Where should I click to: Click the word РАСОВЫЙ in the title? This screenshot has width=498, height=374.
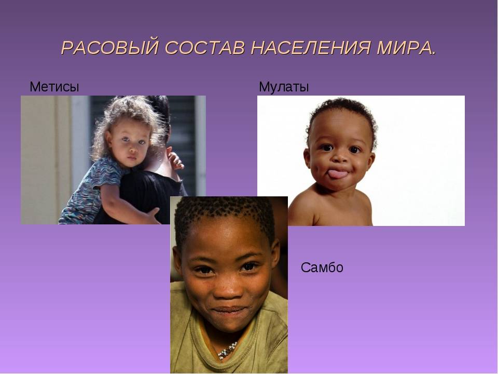click(110, 48)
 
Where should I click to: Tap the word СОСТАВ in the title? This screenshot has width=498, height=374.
click(205, 48)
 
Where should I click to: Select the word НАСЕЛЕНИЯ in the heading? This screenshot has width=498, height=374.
click(311, 48)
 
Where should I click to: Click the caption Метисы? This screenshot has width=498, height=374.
click(54, 87)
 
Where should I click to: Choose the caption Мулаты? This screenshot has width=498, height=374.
click(284, 87)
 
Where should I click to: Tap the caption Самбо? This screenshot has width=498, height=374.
click(322, 268)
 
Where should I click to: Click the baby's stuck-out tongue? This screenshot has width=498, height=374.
click(337, 174)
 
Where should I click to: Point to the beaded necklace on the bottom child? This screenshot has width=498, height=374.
click(227, 351)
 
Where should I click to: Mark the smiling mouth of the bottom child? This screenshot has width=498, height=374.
click(229, 310)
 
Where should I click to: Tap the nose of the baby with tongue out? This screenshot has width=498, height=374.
click(340, 158)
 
